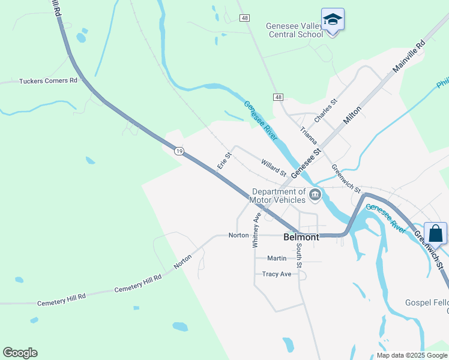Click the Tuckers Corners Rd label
[49, 80]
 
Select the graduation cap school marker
[332, 20]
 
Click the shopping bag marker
[435, 233]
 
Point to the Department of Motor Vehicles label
[278, 196]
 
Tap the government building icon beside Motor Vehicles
[315, 194]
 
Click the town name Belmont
[301, 237]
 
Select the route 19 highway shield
[179, 151]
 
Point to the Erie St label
[224, 161]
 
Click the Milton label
[352, 115]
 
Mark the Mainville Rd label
[409, 57]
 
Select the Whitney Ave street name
[256, 230]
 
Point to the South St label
[298, 254]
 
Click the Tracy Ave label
[277, 274]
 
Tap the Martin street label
[277, 258]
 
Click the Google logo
[20, 353]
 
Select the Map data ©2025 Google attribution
[411, 355]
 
